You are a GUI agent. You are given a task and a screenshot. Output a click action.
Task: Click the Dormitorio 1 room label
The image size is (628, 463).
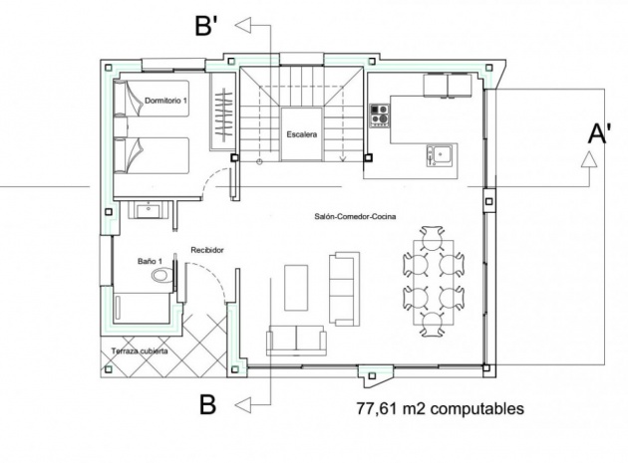coord(165,101)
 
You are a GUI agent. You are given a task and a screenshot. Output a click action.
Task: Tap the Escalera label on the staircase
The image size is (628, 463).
coord(302,134)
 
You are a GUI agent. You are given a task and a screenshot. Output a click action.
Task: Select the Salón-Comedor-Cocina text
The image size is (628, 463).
coord(355,216)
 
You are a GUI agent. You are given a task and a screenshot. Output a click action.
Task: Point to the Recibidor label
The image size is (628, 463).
coord(206,250)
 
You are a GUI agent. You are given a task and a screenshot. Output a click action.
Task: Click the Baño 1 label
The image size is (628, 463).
coord(150,261)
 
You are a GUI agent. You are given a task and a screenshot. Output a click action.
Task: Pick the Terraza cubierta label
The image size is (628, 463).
coord(140,351)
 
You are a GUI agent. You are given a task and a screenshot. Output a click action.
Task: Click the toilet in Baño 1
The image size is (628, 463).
coord(161,276)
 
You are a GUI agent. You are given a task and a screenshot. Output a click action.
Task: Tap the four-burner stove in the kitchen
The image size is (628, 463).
coord(379,116)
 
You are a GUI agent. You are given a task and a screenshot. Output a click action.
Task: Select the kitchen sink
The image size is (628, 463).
coord(440,155)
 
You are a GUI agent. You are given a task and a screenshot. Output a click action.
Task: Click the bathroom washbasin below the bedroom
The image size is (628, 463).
coord(149,210)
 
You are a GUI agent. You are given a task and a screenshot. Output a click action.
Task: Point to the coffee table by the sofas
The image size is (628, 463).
coord(296,288)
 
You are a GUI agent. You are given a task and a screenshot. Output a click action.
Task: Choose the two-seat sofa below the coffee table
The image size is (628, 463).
coord(296,341)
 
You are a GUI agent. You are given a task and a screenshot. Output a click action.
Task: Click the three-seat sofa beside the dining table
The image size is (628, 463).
coord(344,289)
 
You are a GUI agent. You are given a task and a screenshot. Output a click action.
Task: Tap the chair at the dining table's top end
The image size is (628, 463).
coord(432,237)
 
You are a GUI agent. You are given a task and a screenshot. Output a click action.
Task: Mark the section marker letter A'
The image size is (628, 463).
coord(598,133)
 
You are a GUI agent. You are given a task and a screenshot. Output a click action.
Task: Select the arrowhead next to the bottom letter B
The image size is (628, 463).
coord(242,405)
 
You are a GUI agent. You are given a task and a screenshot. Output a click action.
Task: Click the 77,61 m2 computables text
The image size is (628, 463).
coord(441,409)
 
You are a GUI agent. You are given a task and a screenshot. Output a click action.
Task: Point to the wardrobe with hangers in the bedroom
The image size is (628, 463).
coord(221,113)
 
